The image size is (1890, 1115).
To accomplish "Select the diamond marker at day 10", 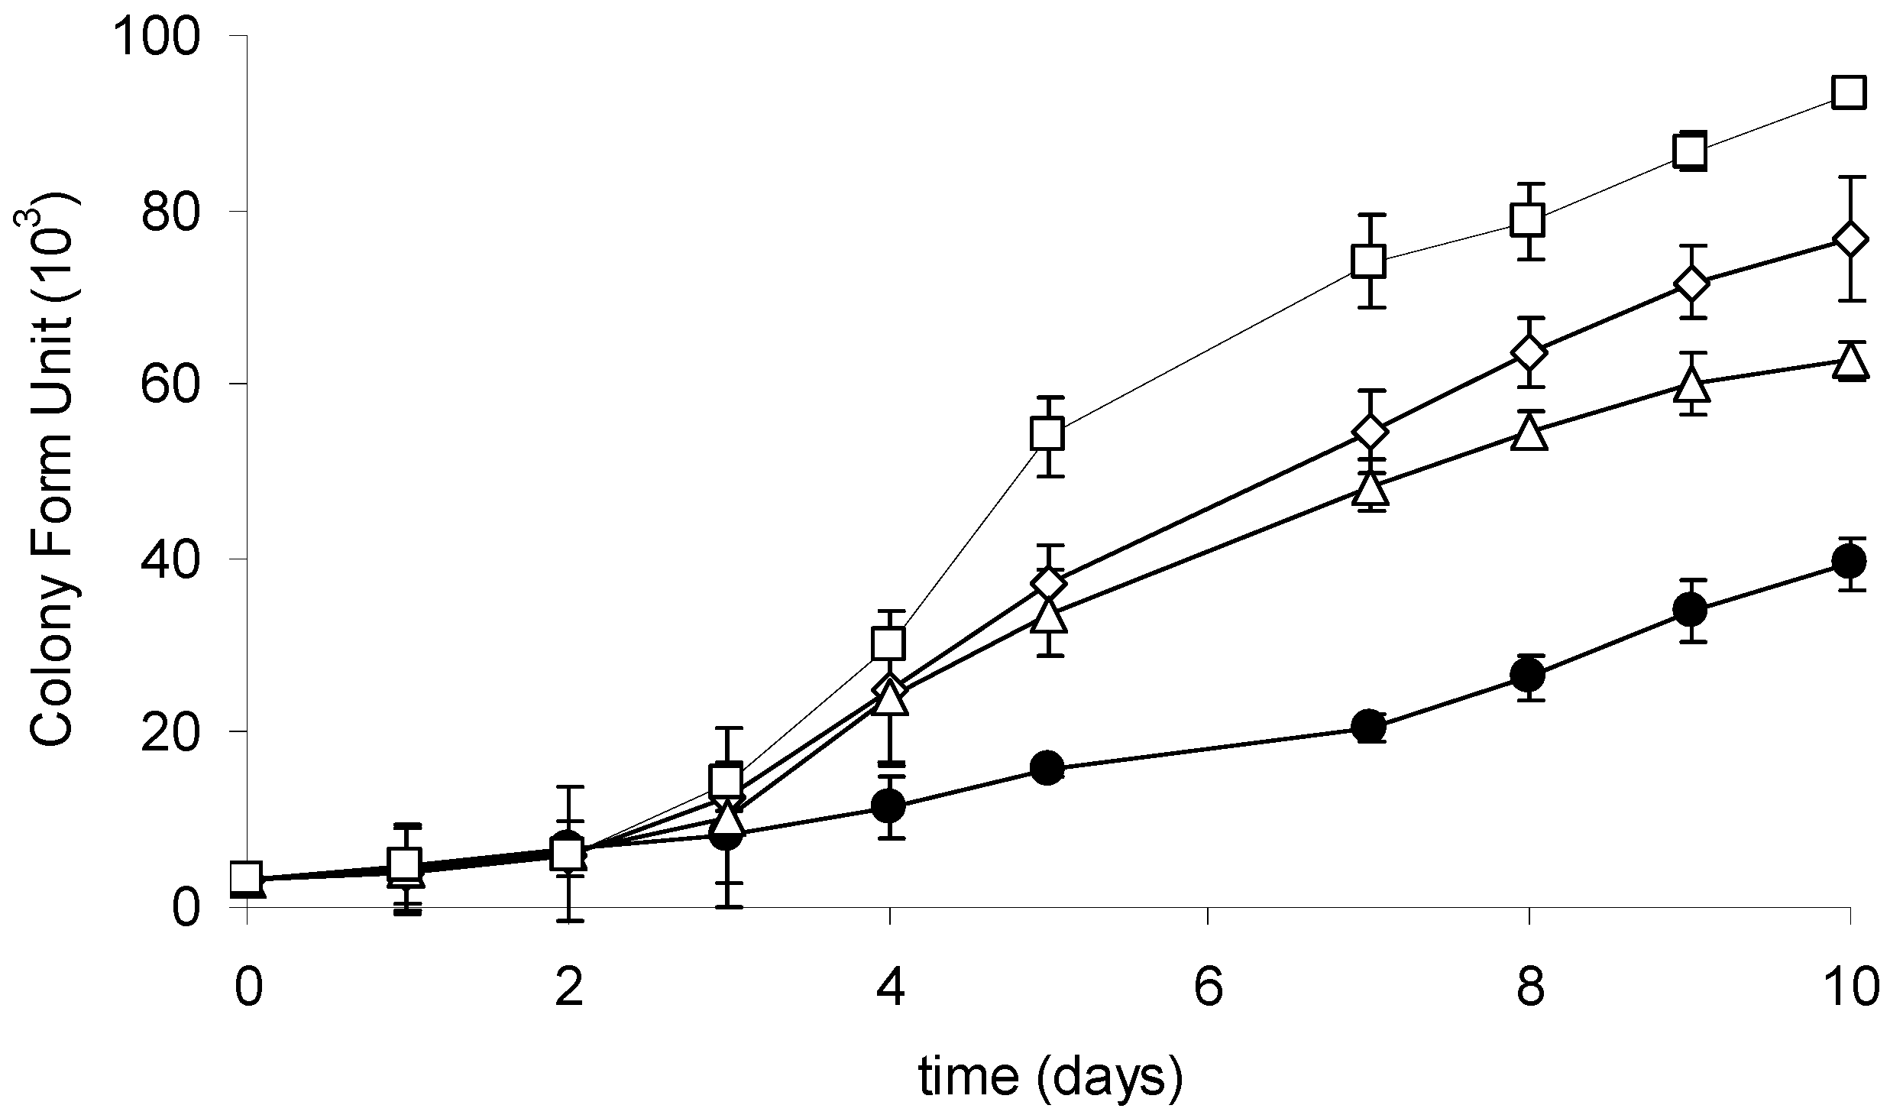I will point(1849,239).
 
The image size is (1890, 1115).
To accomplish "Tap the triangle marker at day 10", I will point(1849,361).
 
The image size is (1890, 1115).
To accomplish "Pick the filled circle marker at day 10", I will point(1849,562).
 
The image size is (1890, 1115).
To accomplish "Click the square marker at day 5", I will point(1047,434).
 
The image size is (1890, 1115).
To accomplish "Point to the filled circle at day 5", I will point(1047,767).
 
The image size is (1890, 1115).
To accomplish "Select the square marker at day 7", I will point(1367,261).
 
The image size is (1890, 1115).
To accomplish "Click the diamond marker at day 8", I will point(1528,352).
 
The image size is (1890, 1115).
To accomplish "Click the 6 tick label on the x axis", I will point(1207,988).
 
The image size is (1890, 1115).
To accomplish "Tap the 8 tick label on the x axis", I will point(1529,988).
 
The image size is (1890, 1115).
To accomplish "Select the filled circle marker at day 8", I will point(1528,675).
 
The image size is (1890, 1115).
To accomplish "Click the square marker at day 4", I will point(888,643).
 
